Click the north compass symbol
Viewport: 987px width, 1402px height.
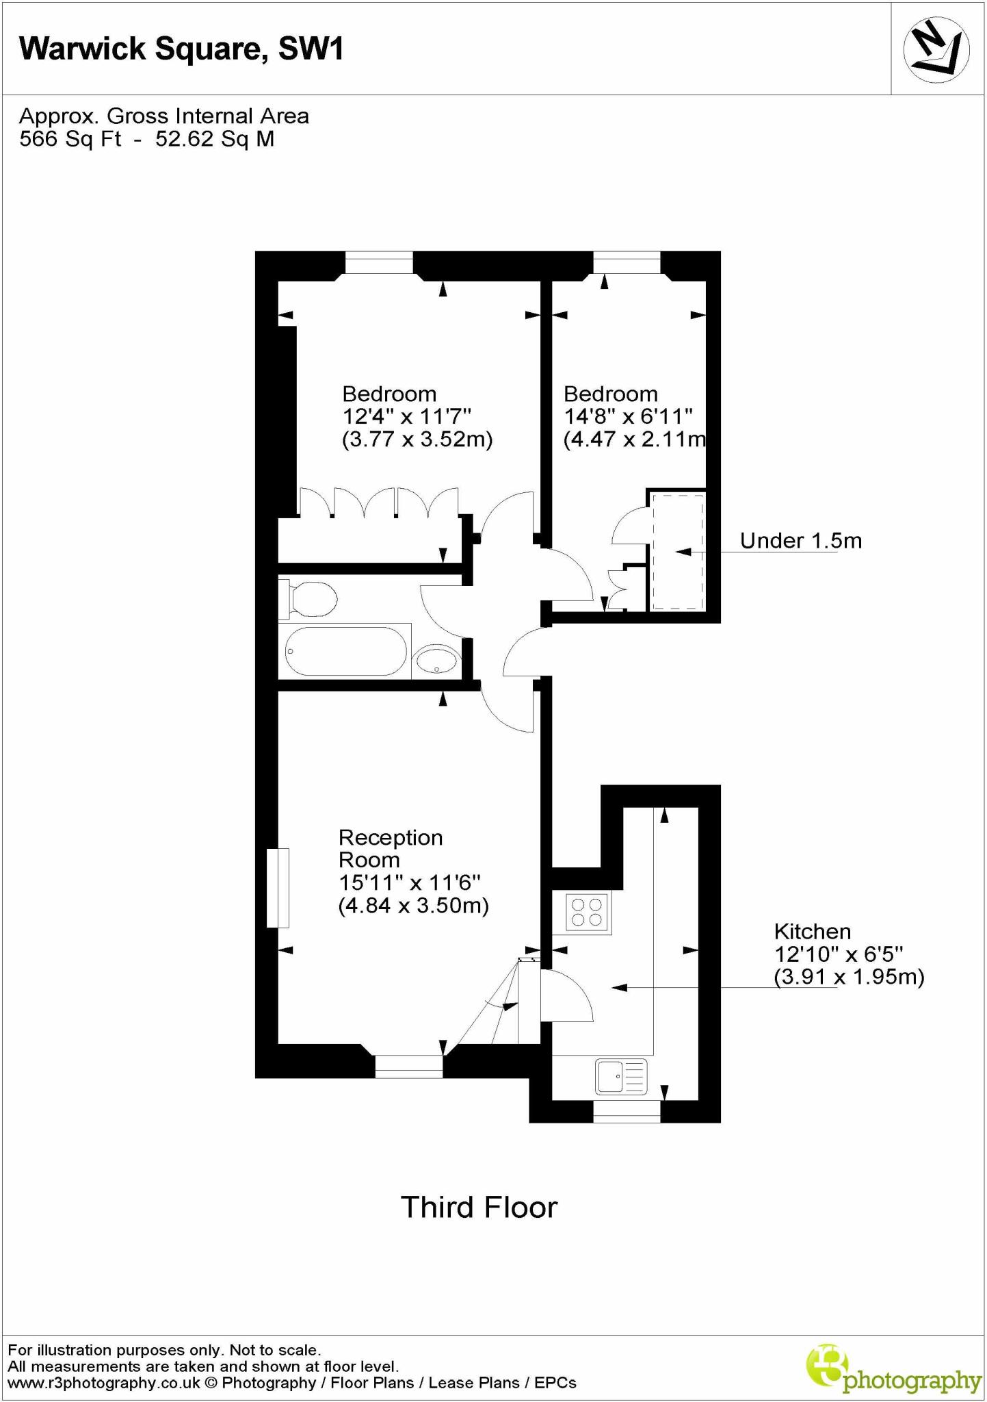[936, 49]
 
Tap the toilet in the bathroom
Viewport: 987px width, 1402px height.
[309, 599]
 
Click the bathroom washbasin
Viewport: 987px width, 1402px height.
[436, 661]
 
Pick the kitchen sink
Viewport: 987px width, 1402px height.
[621, 1076]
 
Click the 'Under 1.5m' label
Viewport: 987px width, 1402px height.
[800, 541]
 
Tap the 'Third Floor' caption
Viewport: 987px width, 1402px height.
[479, 1208]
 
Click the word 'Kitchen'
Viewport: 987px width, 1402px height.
[813, 931]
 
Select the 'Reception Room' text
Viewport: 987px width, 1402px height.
[391, 848]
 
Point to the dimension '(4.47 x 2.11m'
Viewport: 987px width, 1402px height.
[634, 439]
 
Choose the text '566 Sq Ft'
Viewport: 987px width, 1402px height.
[70, 139]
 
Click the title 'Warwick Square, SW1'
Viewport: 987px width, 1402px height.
[182, 49]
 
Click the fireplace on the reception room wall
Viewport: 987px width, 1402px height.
[278, 888]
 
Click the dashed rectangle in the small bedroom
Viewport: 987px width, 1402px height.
[677, 551]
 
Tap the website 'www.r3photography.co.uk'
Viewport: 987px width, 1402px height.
[104, 1383]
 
